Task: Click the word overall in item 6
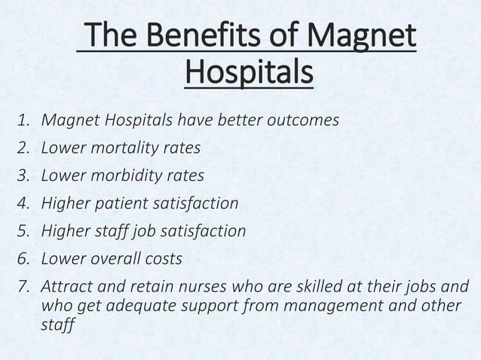(111, 259)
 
